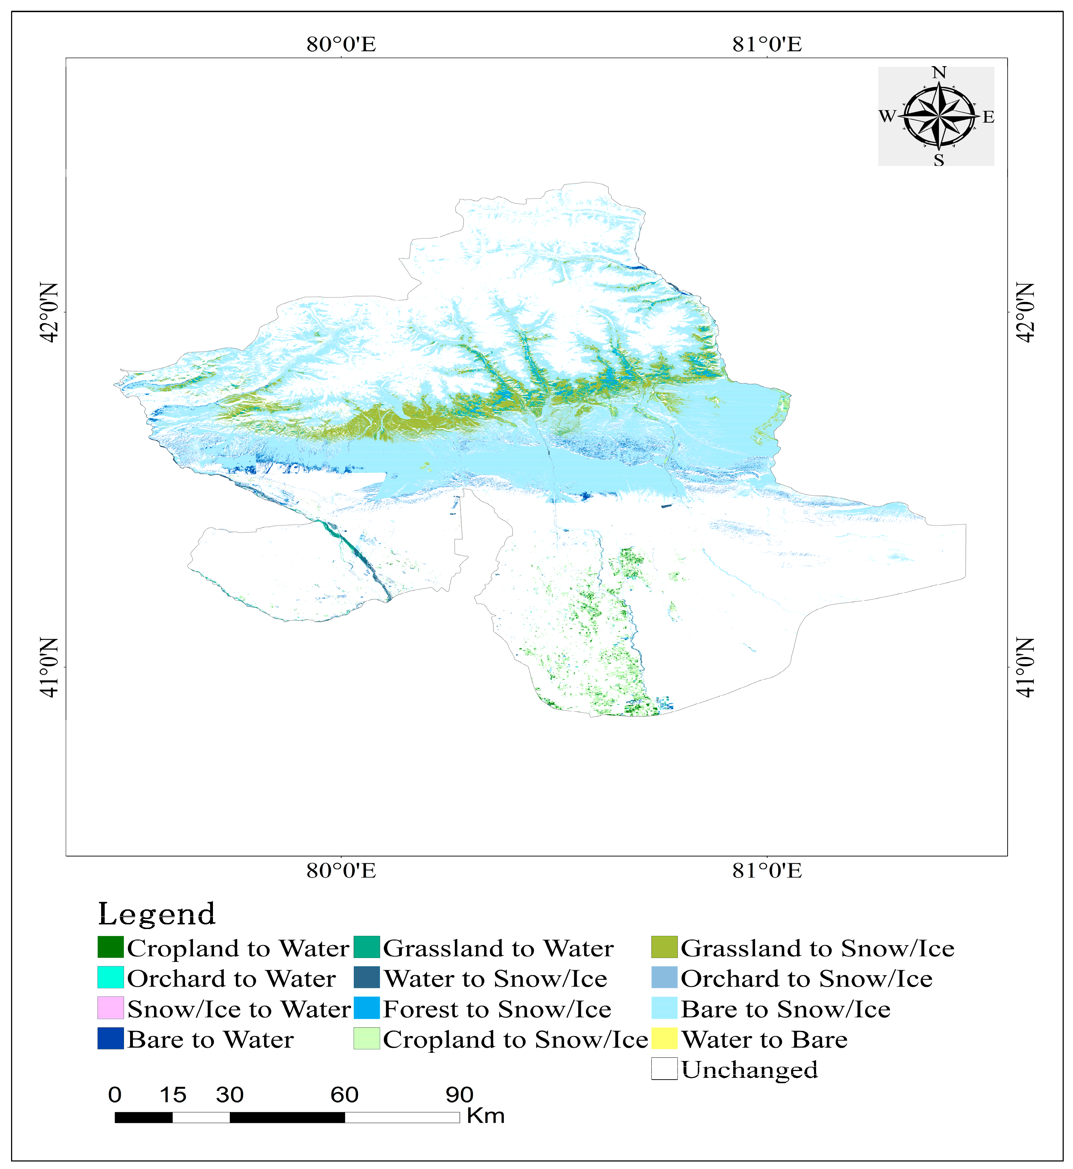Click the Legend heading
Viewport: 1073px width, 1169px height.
click(157, 914)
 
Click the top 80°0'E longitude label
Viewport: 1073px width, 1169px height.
click(342, 44)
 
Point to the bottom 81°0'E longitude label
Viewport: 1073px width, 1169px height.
click(767, 871)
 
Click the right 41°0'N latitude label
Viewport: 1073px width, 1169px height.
click(1025, 668)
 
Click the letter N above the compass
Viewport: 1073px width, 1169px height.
click(939, 73)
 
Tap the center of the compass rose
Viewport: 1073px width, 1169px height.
click(939, 116)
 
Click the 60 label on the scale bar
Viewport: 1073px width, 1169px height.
click(344, 1095)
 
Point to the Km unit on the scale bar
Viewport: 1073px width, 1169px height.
click(485, 1116)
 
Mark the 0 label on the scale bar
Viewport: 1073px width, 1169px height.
click(115, 1095)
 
